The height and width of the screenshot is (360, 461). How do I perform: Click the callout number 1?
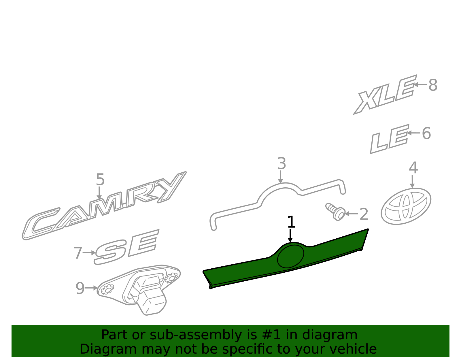[291, 222]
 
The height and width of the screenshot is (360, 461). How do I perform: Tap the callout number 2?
[364, 214]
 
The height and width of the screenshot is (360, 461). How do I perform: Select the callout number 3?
[282, 163]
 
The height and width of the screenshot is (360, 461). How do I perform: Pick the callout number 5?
[100, 179]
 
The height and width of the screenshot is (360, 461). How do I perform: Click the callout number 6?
[426, 133]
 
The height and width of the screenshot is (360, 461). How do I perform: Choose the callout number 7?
[78, 253]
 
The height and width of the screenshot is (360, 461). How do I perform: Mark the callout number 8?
[433, 85]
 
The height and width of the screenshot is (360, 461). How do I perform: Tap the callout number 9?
[80, 288]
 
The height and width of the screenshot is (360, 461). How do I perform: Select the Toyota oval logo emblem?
[406, 206]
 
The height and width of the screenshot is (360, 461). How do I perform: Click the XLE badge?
[385, 95]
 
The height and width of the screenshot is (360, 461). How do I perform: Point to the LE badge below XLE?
[390, 139]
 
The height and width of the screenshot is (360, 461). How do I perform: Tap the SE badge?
[126, 247]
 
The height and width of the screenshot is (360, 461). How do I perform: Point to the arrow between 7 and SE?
[89, 253]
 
